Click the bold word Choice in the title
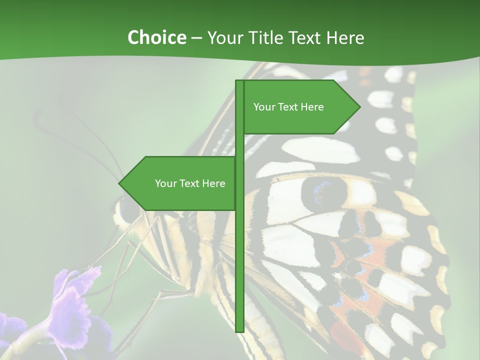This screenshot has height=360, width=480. [x=156, y=37]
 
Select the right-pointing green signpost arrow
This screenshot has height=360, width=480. [x=300, y=107]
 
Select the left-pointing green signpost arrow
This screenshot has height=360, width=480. [x=180, y=183]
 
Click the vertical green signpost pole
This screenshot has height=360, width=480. [x=239, y=250]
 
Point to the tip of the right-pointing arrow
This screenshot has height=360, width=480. [x=359, y=106]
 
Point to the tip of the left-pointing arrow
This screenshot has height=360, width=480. [x=119, y=183]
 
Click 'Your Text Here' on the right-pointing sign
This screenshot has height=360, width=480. [x=288, y=107]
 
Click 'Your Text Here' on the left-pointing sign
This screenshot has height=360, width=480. [x=190, y=183]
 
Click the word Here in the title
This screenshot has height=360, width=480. [x=345, y=37]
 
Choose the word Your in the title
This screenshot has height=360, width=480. [x=224, y=37]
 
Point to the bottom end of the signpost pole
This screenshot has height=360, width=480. [x=239, y=330]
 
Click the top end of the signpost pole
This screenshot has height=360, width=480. [x=239, y=82]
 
